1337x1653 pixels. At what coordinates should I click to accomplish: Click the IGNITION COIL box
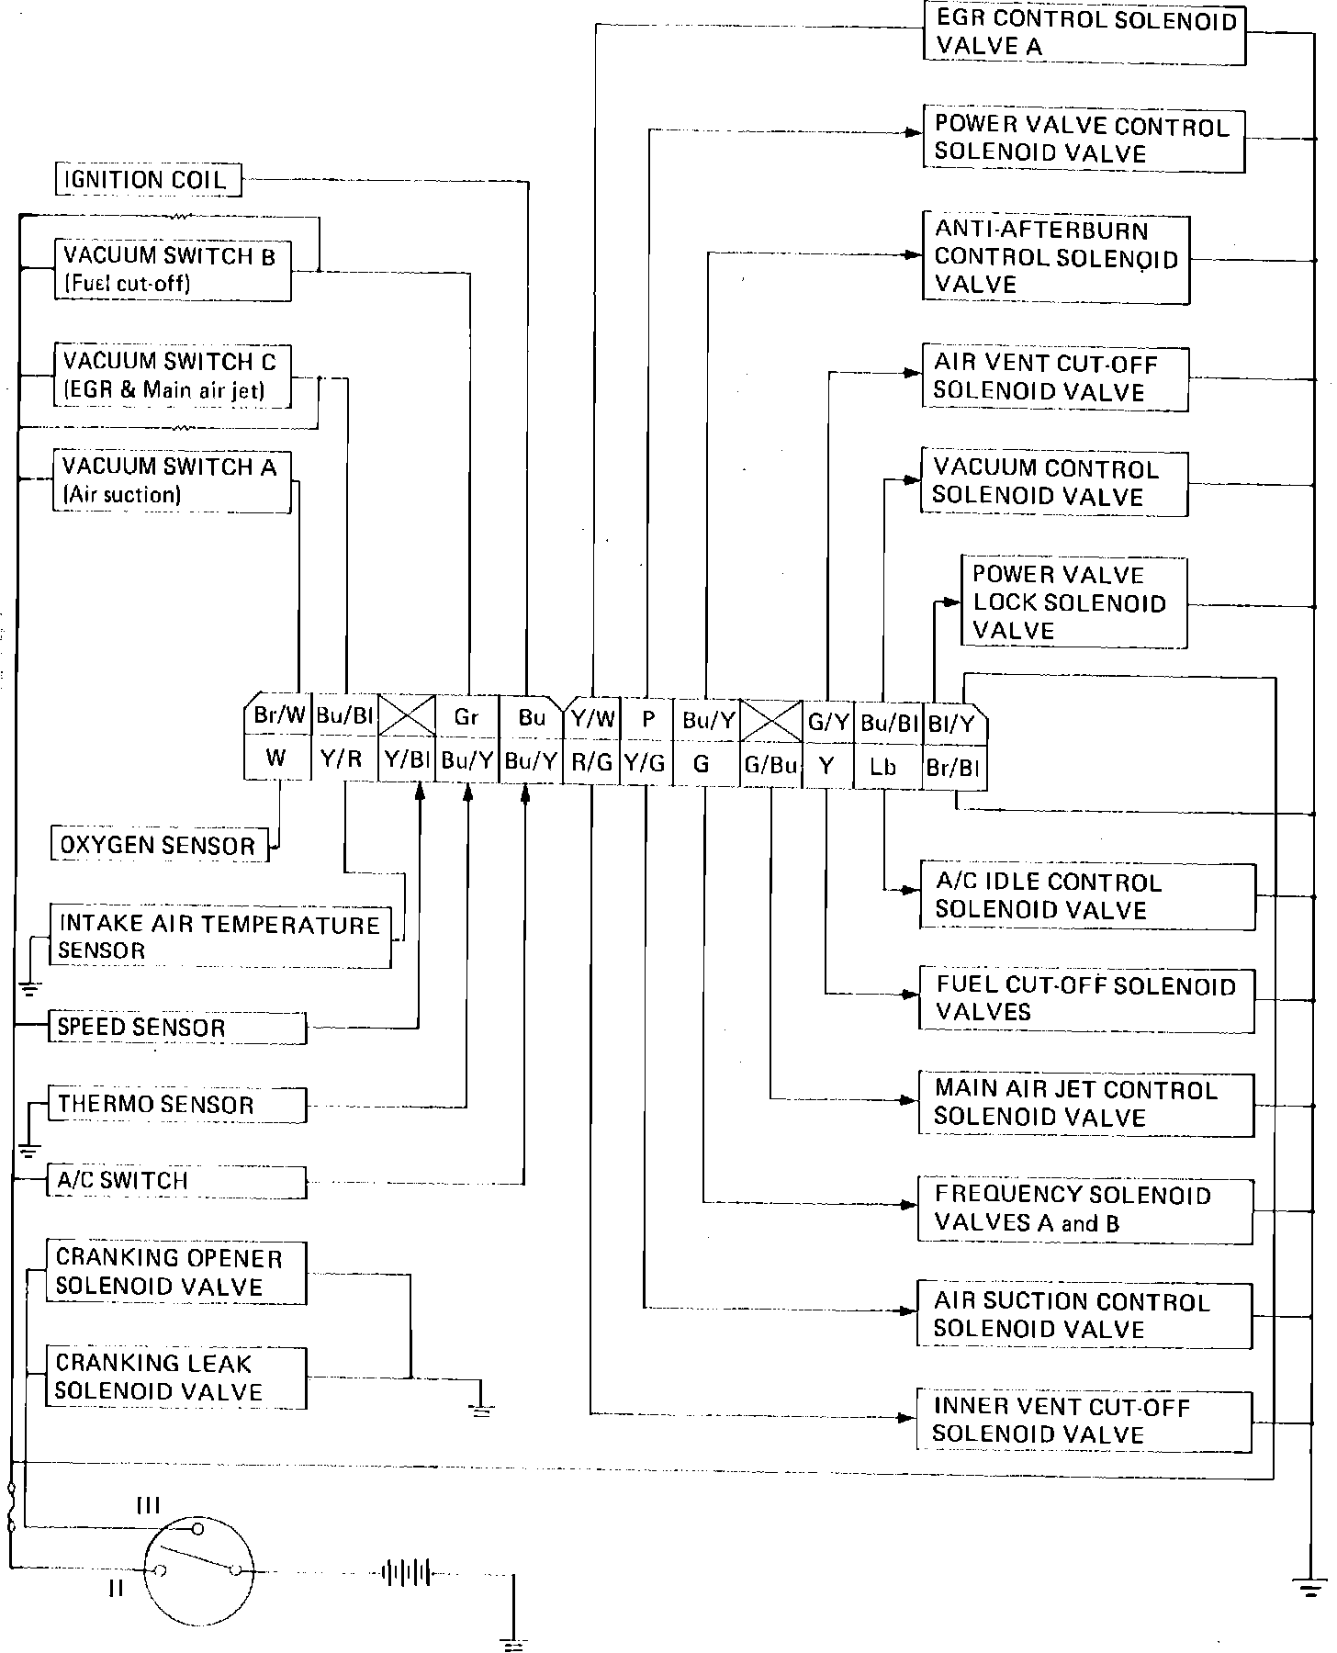coord(148,179)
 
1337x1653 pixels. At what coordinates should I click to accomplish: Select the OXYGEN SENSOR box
coord(159,845)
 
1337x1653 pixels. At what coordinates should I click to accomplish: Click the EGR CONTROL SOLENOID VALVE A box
coord(1084,34)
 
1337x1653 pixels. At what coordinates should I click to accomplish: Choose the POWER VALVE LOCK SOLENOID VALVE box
coord(1073,602)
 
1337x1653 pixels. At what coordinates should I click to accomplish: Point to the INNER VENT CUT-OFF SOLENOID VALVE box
coord(1084,1421)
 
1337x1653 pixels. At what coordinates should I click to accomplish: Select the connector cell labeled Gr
coord(466,717)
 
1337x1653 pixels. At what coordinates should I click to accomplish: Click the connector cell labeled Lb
coord(882,766)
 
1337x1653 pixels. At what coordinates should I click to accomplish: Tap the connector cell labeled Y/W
coord(592,717)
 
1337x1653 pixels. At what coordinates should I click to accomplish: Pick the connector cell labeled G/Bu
coord(770,765)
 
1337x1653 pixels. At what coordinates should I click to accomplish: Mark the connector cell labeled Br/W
coord(279,716)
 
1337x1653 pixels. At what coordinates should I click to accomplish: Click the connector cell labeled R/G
coord(592,762)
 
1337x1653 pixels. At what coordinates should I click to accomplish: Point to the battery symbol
coord(406,1571)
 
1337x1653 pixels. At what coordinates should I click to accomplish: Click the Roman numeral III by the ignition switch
coord(148,1505)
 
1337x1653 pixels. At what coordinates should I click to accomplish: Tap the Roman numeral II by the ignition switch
coord(116,1587)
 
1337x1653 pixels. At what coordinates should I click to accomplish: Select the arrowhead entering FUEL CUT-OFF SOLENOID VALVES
coord(912,994)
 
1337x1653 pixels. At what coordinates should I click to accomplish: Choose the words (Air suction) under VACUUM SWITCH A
coord(122,496)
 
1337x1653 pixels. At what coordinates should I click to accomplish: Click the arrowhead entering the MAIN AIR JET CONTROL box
coord(912,1099)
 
